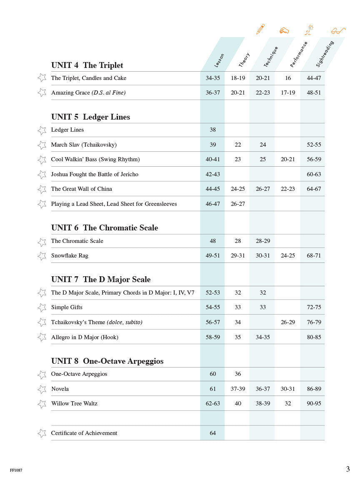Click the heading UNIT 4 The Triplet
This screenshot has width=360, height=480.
(87, 65)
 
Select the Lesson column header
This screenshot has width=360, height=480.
(219, 60)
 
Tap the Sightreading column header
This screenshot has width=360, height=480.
(325, 54)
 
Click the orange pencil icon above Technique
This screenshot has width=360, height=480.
(260, 29)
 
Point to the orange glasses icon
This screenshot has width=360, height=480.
(338, 31)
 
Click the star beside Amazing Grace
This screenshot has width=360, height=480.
(42, 92)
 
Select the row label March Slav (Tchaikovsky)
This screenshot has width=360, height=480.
(84, 145)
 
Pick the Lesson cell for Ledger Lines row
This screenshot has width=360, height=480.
(212, 130)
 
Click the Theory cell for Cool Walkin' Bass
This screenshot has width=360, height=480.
(237, 159)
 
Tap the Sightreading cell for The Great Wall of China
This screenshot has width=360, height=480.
(314, 189)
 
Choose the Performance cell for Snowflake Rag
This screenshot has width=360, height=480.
(287, 255)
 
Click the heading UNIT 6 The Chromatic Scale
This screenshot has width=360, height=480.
(105, 227)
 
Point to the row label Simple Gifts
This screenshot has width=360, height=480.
(67, 307)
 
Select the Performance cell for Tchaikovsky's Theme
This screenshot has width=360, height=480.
(287, 322)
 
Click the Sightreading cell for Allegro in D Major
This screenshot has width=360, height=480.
(314, 337)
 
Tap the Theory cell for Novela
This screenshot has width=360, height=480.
(237, 389)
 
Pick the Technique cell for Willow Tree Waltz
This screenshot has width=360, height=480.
(262, 403)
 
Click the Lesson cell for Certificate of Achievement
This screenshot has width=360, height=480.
(212, 433)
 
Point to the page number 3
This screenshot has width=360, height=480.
(348, 469)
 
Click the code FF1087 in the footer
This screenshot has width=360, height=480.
(16, 470)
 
